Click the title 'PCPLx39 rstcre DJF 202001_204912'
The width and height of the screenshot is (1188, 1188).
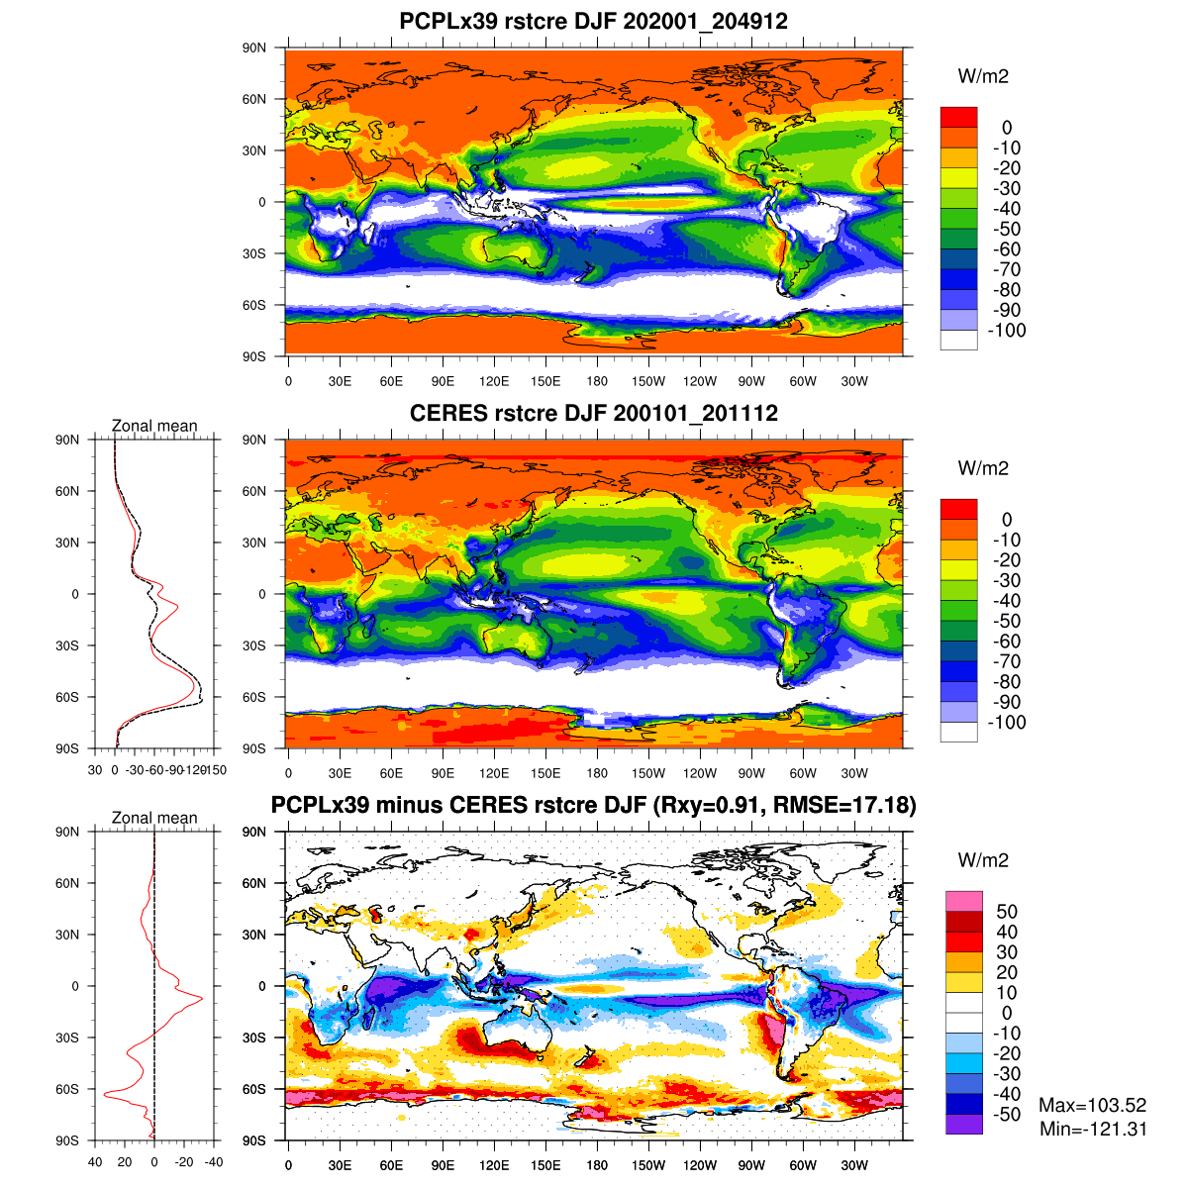point(593,21)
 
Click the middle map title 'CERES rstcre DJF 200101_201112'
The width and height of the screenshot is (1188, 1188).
point(593,413)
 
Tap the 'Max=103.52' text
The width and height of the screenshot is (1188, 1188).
point(1092,1106)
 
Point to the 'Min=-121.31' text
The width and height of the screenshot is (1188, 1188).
point(1093,1129)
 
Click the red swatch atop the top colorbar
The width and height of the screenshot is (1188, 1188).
point(958,117)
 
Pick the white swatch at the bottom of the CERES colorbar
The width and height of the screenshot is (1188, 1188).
point(958,732)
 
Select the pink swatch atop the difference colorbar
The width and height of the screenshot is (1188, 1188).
point(964,901)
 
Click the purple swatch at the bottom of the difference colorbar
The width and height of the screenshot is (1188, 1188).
point(964,1124)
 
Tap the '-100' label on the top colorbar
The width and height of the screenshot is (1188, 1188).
point(1007,331)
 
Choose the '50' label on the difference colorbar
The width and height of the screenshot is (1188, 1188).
point(1007,912)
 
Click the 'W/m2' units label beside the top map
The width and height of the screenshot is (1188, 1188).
point(983,76)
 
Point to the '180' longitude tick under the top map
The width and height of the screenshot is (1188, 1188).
point(597,381)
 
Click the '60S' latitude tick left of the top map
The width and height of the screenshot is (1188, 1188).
point(254,305)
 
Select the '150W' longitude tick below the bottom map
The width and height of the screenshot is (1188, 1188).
point(648,1165)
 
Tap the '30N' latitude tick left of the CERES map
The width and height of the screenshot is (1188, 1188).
point(254,543)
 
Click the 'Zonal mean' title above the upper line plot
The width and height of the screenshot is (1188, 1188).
point(154,426)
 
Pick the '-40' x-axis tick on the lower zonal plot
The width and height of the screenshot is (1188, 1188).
point(214,1162)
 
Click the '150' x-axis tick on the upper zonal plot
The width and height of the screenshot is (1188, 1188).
point(217,770)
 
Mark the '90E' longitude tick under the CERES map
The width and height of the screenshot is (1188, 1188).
point(443,773)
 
